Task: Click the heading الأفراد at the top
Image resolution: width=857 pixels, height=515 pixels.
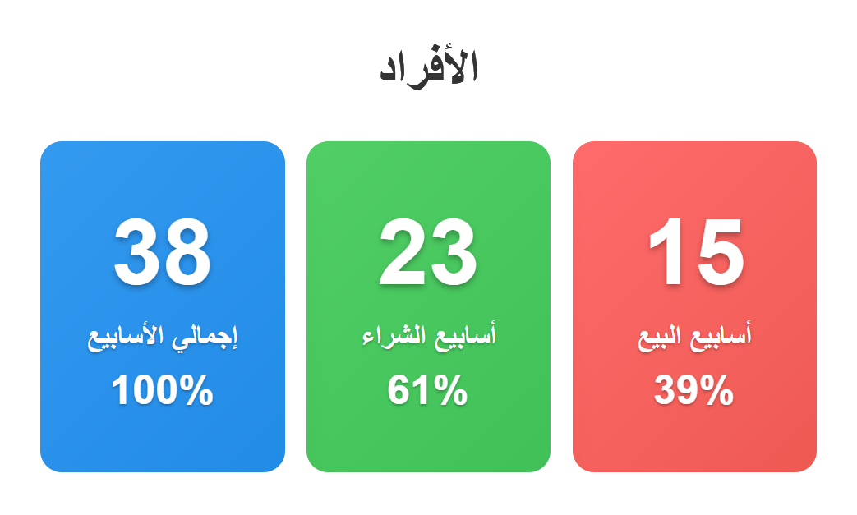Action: pos(429,67)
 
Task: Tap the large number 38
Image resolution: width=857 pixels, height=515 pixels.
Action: pos(163,252)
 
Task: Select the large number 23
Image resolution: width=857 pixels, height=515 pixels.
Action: pos(428,252)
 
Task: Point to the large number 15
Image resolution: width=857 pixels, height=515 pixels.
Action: pos(695,252)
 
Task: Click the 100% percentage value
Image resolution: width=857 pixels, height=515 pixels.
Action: pos(163,390)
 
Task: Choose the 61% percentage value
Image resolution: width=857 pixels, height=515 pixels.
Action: pos(427,390)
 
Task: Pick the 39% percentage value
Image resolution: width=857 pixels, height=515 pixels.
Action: pos(693,390)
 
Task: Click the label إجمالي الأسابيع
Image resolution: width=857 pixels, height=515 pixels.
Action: pos(163,337)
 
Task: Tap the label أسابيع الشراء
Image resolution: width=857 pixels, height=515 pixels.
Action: pos(429,335)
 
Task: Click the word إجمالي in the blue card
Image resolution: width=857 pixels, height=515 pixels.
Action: pos(205,337)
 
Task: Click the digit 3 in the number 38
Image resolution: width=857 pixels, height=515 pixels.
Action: pos(136,252)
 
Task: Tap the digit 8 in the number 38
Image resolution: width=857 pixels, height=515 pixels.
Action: pos(187,252)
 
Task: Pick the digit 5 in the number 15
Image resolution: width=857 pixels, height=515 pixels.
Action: pos(721,252)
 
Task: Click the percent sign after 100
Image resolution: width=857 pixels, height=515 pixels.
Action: pos(196,390)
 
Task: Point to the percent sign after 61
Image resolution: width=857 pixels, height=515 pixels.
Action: pos(451,390)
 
